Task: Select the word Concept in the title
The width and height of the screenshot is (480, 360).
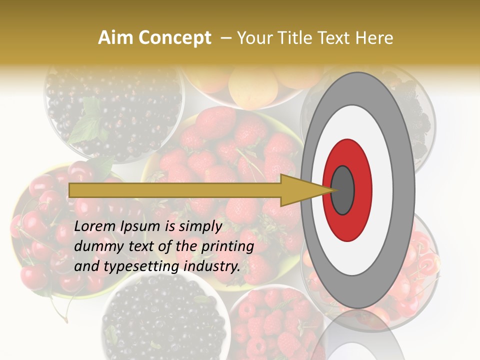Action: pyautogui.click(x=175, y=38)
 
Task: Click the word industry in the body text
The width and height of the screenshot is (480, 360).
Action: pyautogui.click(x=212, y=267)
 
